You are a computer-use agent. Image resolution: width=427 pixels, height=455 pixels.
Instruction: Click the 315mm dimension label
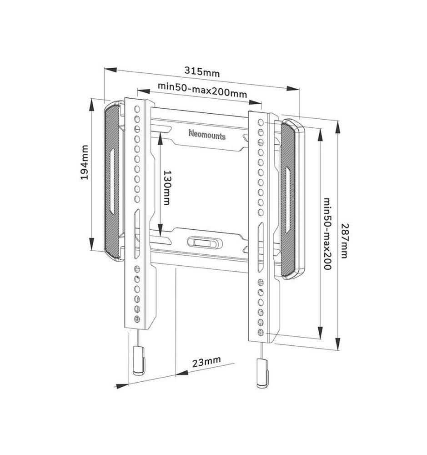[x=202, y=71]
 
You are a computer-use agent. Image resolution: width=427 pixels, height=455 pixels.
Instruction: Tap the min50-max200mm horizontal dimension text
[x=202, y=90]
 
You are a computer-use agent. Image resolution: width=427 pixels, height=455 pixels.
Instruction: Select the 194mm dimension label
[x=84, y=162]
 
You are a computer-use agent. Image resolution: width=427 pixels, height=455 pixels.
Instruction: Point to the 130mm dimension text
[x=167, y=187]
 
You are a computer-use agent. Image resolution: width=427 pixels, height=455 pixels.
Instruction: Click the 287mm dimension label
[x=344, y=241]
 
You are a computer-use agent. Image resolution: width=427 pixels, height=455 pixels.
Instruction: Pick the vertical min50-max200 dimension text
[x=327, y=233]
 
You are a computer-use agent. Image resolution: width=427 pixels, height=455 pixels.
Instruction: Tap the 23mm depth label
[x=206, y=361]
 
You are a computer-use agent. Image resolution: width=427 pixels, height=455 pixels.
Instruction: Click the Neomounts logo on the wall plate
[x=207, y=135]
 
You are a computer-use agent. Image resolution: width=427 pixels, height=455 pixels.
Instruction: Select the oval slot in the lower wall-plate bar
[x=204, y=243]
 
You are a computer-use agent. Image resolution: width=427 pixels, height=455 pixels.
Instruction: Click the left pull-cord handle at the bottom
[x=139, y=360]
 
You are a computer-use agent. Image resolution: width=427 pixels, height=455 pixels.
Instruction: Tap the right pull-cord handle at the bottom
[x=262, y=373]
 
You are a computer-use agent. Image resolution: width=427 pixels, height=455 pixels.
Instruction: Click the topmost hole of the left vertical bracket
[x=137, y=109]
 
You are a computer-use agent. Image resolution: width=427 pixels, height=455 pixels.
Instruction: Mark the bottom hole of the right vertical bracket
[x=261, y=332]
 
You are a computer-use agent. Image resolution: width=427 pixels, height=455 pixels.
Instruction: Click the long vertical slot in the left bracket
[x=137, y=234]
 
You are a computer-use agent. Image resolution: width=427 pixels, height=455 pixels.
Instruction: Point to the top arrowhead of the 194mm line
[x=92, y=105]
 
